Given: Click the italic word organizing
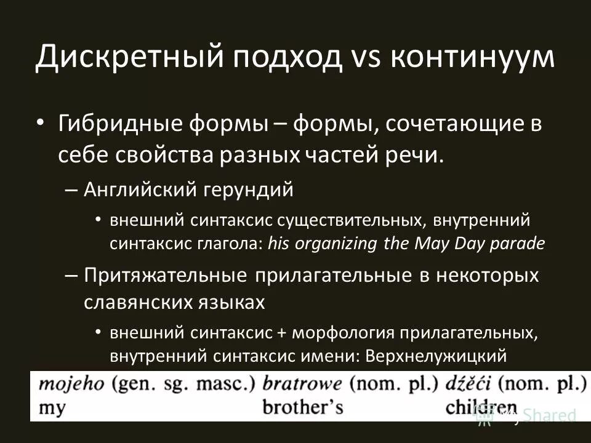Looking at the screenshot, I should click(x=337, y=243).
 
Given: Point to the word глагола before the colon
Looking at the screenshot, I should click(x=231, y=243).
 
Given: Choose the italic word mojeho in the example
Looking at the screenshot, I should click(x=73, y=384).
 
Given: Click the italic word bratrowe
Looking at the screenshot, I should click(x=302, y=384).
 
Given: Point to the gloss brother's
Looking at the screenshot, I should click(x=302, y=407).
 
